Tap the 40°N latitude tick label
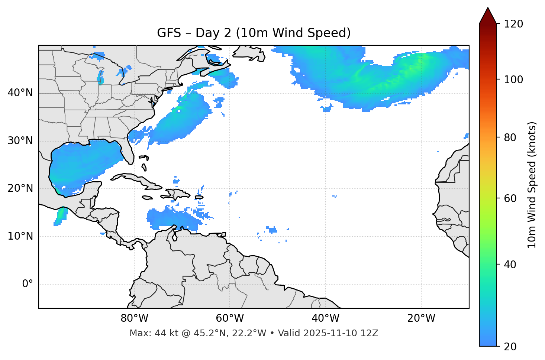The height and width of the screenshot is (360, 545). click(20, 93)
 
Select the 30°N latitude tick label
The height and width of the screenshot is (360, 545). click(20, 141)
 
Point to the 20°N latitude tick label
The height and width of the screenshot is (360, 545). click(20, 188)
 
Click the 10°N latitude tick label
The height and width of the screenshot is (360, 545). click(20, 236)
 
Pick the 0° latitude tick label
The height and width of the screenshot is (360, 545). click(27, 284)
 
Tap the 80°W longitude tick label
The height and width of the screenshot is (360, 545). click(134, 318)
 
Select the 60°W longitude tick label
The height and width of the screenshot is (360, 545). click(230, 318)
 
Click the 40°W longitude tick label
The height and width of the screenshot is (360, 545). click(325, 318)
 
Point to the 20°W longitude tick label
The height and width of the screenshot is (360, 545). click(421, 318)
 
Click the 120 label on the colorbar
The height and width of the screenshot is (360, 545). click(513, 24)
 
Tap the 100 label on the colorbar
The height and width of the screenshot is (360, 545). click(513, 80)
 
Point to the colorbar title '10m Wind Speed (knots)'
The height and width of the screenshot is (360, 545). click(532, 185)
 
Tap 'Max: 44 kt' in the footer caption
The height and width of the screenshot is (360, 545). click(146, 333)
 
